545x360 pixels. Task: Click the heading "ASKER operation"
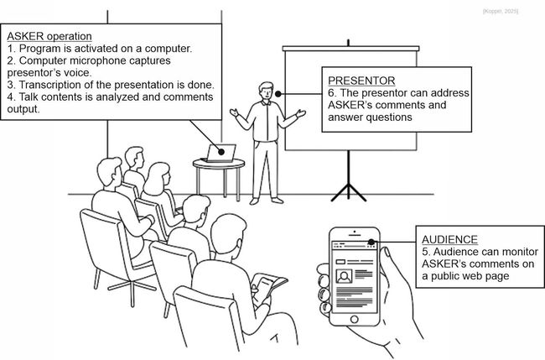pyautogui.click(x=49, y=36)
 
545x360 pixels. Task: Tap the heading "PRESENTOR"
pyautogui.click(x=361, y=81)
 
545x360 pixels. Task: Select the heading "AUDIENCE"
pyautogui.click(x=449, y=240)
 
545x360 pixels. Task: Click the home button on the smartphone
pyautogui.click(x=354, y=319)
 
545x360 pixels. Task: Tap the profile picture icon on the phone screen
pyautogui.click(x=344, y=276)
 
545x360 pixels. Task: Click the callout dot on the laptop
pyautogui.click(x=221, y=152)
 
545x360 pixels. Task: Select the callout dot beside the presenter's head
pyautogui.click(x=278, y=94)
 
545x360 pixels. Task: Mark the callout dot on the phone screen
pyautogui.click(x=371, y=242)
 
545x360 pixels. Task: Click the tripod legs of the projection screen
pyautogui.click(x=349, y=192)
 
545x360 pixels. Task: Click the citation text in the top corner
pyautogui.click(x=501, y=12)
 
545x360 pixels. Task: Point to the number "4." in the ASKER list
pyautogui.click(x=12, y=97)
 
